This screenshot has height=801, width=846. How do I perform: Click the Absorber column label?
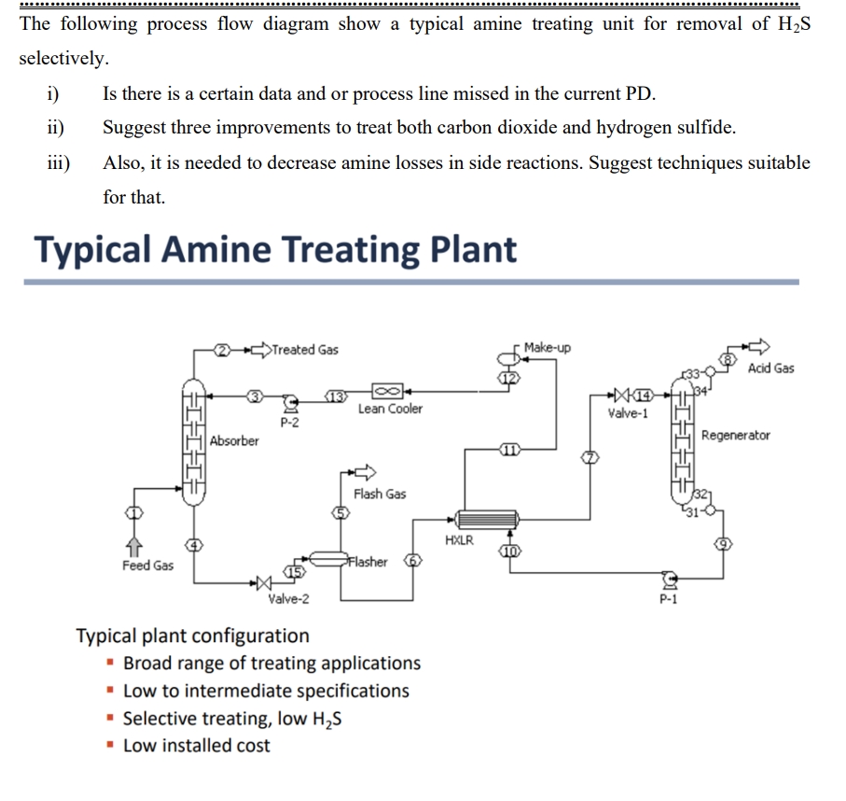click(234, 441)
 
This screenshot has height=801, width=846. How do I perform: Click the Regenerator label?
click(736, 435)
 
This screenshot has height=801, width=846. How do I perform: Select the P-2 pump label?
click(289, 422)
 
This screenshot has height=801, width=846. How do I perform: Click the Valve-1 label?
click(627, 413)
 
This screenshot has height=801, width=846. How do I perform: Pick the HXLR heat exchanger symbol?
click(481, 519)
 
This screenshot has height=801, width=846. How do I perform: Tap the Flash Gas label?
click(380, 494)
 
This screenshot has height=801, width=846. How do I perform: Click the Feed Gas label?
click(147, 565)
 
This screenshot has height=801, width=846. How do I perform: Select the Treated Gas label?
click(306, 350)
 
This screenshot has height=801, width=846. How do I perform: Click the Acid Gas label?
click(770, 368)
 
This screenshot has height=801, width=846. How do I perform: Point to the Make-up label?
click(548, 347)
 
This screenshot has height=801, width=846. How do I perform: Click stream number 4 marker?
click(195, 544)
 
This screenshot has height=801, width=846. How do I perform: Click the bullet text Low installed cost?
click(197, 745)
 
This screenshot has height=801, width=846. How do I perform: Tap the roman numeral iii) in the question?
click(58, 162)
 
